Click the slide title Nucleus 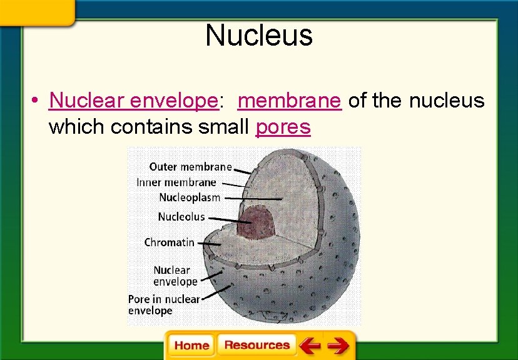click(x=258, y=36)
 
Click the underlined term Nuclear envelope click(x=133, y=100)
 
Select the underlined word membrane click(x=290, y=100)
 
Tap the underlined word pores click(x=283, y=127)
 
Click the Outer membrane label click(x=190, y=167)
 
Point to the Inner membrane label click(x=176, y=182)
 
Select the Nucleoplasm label click(x=190, y=197)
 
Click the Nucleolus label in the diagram click(x=181, y=217)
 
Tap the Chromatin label click(x=169, y=242)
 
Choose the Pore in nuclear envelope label click(x=163, y=304)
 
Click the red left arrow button click(x=310, y=345)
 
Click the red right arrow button click(x=338, y=345)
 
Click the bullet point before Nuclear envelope click(x=38, y=101)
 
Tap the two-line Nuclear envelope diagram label click(x=175, y=276)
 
